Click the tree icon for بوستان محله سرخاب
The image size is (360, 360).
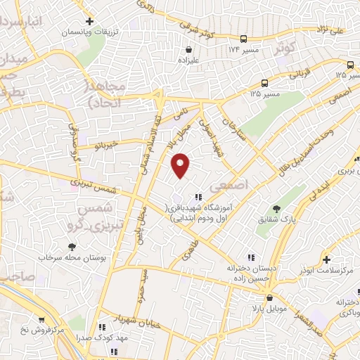[72, 247]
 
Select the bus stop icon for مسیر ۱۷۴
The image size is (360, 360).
[243, 39]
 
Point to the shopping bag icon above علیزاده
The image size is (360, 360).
[190, 50]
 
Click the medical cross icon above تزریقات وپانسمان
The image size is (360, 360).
[89, 21]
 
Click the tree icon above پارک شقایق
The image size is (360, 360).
[276, 208]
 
